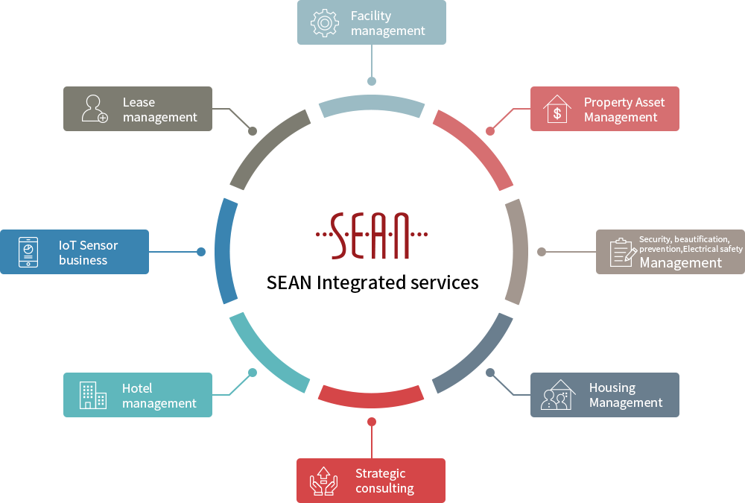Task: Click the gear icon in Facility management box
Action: click(x=325, y=22)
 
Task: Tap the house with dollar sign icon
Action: click(x=557, y=109)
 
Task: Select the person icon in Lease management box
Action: click(x=95, y=109)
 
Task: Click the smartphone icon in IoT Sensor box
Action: click(x=28, y=252)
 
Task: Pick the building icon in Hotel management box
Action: click(x=92, y=395)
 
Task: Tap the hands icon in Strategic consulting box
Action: click(x=323, y=481)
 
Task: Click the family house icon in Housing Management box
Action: click(x=558, y=395)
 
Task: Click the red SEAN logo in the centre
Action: click(x=372, y=235)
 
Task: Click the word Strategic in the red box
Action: click(x=380, y=473)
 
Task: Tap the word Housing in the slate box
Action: click(x=612, y=388)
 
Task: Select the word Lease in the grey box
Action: click(x=139, y=102)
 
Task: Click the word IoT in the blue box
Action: click(x=67, y=245)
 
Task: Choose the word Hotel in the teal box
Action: click(x=137, y=388)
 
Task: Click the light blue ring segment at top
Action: click(x=372, y=102)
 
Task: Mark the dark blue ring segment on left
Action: click(x=223, y=251)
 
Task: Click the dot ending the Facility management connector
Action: click(x=372, y=81)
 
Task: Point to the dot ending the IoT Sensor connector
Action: click(x=201, y=252)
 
